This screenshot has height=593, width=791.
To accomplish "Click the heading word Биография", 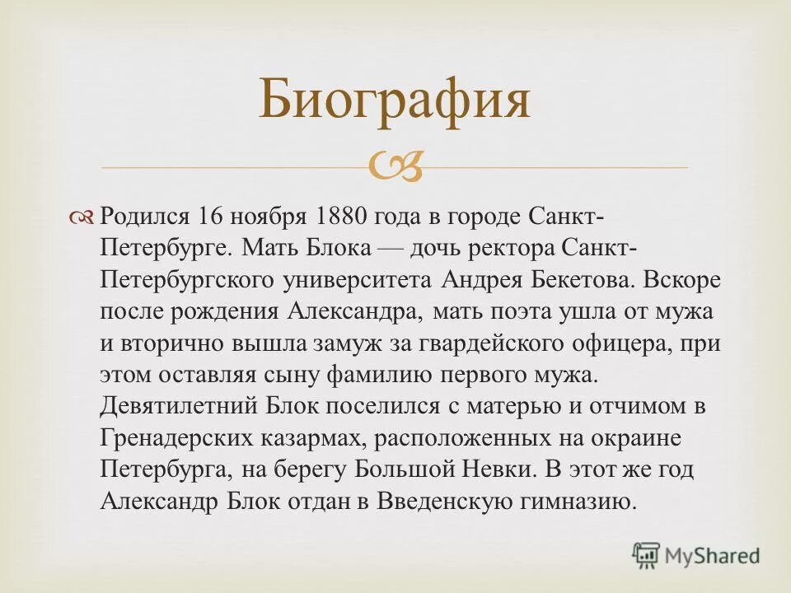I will pyautogui.click(x=395, y=100).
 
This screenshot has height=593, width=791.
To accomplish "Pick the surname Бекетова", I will pyautogui.click(x=573, y=279).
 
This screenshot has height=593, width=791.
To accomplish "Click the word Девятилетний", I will pyautogui.click(x=180, y=406).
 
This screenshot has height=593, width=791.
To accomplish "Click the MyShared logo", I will pyautogui.click(x=696, y=555).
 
